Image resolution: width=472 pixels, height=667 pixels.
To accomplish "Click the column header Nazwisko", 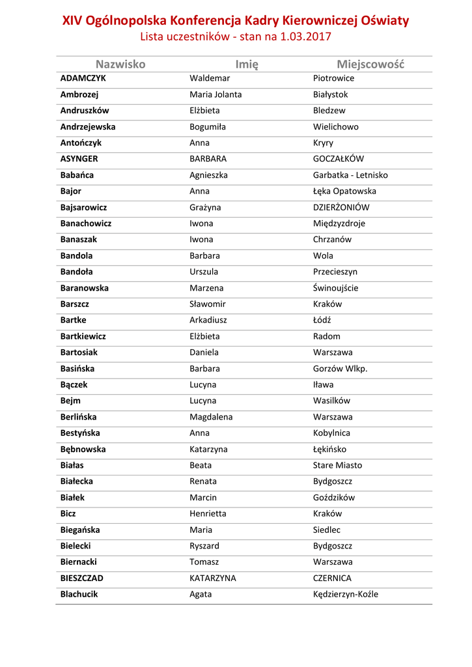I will tap(120, 64).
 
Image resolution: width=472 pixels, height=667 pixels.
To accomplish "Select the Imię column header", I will tap(247, 64).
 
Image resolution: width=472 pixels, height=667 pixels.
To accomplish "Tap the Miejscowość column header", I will tap(370, 64).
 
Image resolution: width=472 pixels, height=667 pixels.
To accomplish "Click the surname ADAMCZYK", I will tap(83, 78).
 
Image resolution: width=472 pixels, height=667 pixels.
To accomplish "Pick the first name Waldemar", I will tap(210, 78).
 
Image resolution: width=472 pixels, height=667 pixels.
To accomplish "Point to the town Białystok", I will tap(331, 94).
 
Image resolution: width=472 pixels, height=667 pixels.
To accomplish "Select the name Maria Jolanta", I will tap(215, 94).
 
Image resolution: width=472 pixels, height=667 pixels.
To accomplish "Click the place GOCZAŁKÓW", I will tap(339, 159).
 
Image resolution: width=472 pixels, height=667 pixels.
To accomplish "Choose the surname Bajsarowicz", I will tap(83, 207).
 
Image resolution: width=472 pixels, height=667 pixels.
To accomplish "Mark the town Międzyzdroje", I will tap(339, 223).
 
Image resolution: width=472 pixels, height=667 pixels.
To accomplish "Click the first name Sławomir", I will tap(208, 304).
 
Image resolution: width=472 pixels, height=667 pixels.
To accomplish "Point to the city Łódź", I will tap(322, 320).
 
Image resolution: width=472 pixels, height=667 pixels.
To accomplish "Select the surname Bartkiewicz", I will tap(83, 337).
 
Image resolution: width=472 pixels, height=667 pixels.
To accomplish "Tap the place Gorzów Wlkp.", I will tap(340, 369).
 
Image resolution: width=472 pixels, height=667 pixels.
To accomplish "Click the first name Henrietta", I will tap(208, 514).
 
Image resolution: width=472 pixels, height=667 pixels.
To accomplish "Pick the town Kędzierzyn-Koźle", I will tap(345, 594).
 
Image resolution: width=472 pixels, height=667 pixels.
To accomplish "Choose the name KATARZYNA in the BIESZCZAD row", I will tap(213, 578).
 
